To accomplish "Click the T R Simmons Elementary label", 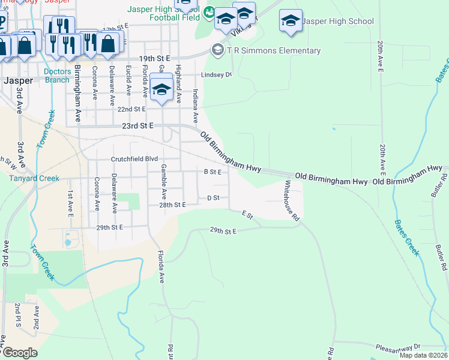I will click(x=274, y=51).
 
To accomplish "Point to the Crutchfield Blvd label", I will click(x=134, y=159).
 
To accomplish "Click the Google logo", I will click(x=19, y=353).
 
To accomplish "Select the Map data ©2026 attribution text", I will click(x=423, y=355).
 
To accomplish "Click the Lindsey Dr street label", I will click(x=216, y=75).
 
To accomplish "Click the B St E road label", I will click(x=213, y=172).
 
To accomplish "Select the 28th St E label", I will click(x=172, y=205).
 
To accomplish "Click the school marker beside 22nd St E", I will click(x=161, y=89).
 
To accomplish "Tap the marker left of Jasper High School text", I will click(x=290, y=22).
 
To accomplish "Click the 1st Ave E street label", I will click(x=70, y=203).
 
